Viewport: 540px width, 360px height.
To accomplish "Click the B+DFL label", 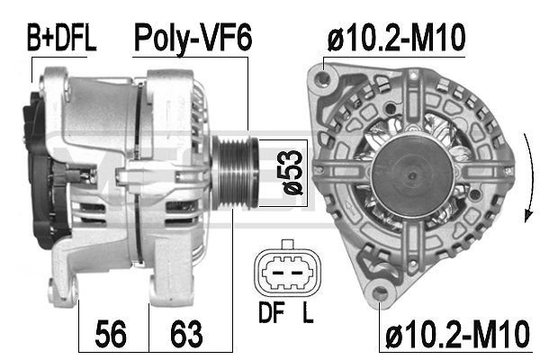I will point(60,37).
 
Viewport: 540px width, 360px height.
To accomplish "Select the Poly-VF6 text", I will point(193,37).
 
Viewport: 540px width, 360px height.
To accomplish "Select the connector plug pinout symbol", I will point(286,269).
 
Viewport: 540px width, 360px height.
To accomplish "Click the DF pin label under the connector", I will point(267,317).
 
